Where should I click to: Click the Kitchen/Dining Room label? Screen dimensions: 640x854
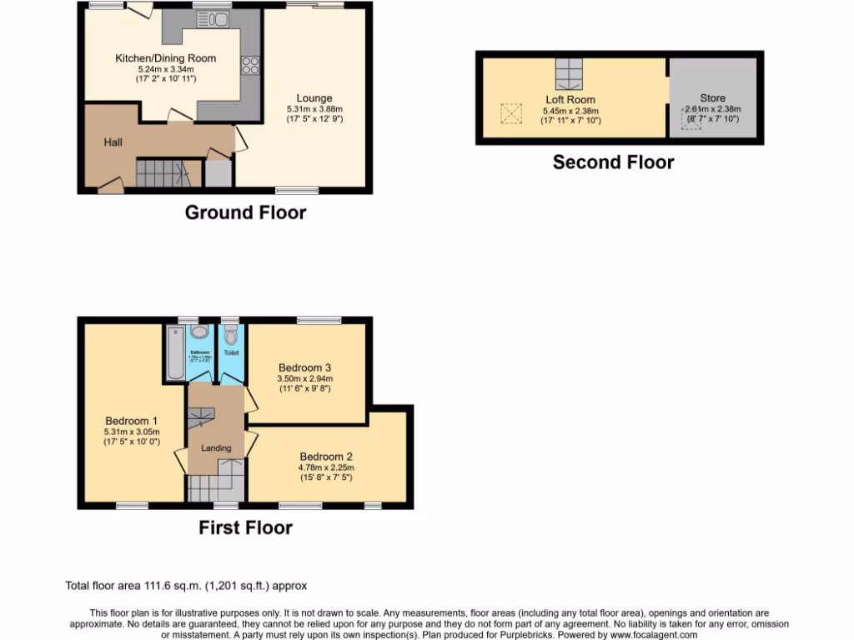[165, 57]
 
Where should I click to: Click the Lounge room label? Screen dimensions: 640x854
[314, 98]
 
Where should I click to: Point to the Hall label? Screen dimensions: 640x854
[113, 142]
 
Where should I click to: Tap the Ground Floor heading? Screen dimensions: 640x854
[245, 212]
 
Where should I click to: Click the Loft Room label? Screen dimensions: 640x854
[570, 100]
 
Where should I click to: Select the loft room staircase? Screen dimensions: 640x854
[570, 73]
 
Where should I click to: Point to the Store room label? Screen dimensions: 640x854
[712, 97]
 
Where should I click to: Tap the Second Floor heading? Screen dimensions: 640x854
[613, 162]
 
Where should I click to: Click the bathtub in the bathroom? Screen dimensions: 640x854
[175, 353]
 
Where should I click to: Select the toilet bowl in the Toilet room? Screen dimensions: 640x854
[230, 337]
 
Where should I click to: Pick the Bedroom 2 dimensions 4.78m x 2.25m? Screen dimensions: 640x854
[326, 467]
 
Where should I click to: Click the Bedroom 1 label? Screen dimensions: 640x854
[131, 421]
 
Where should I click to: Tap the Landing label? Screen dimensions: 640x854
[216, 448]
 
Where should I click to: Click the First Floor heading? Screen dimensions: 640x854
[245, 527]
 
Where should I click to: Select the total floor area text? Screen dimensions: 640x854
[192, 586]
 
